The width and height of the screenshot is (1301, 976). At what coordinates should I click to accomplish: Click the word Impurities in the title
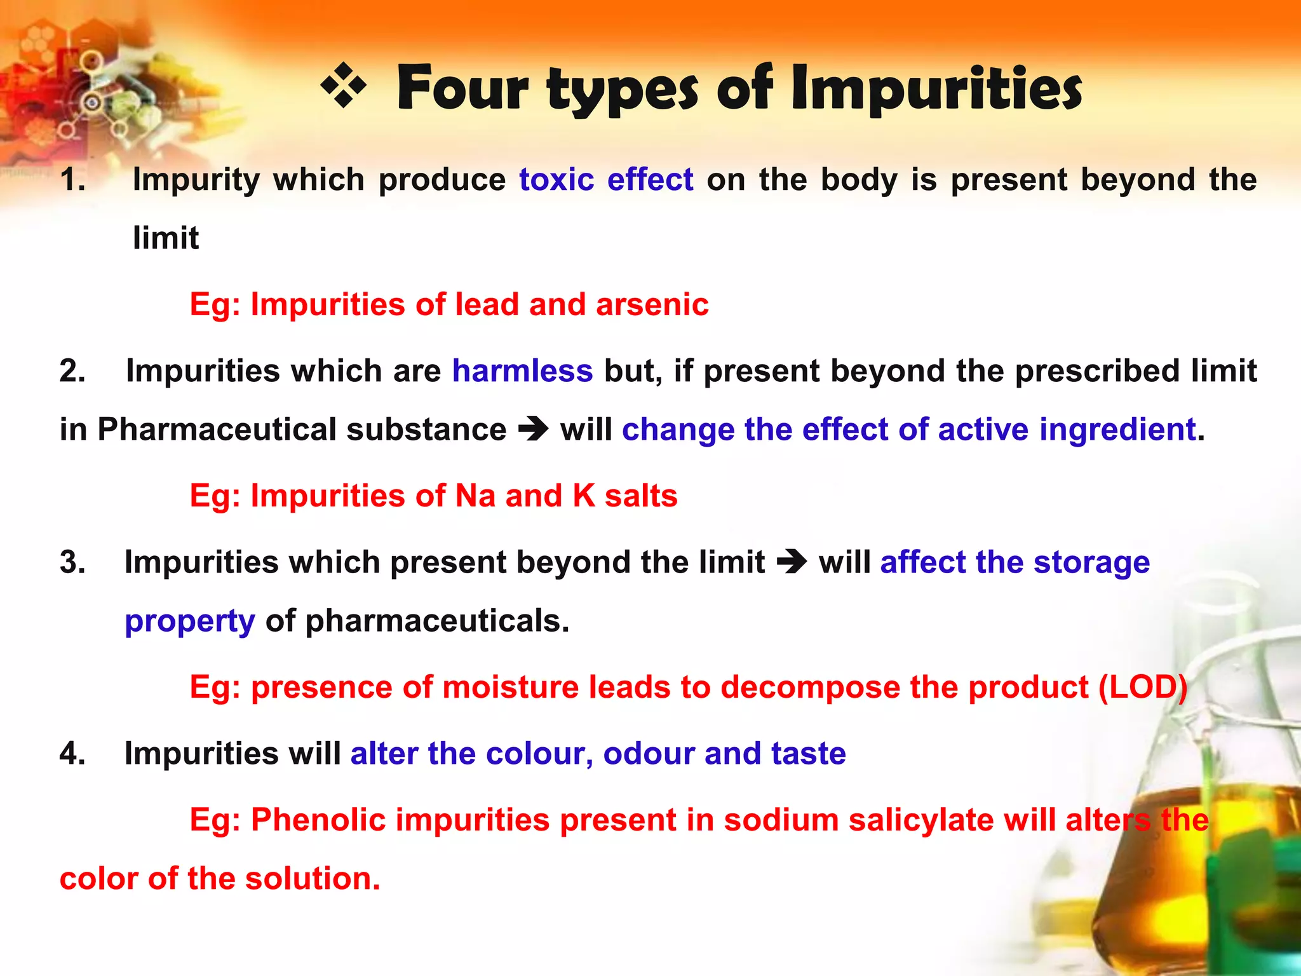click(x=937, y=89)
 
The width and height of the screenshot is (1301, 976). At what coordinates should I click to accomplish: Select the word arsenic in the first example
click(x=652, y=304)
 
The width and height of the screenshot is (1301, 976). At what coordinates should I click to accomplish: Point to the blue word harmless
click(x=522, y=370)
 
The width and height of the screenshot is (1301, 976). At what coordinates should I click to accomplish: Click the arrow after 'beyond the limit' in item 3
click(x=792, y=562)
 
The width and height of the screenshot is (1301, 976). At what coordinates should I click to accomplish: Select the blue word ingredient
click(x=1118, y=430)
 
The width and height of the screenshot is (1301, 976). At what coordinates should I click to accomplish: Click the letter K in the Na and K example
click(x=584, y=496)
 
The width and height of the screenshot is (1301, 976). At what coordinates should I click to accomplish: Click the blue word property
click(x=189, y=621)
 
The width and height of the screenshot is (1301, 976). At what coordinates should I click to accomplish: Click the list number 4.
click(x=72, y=754)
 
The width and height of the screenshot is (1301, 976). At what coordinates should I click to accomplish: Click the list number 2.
click(x=72, y=370)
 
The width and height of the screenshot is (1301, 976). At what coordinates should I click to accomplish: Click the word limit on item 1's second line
click(x=165, y=238)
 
